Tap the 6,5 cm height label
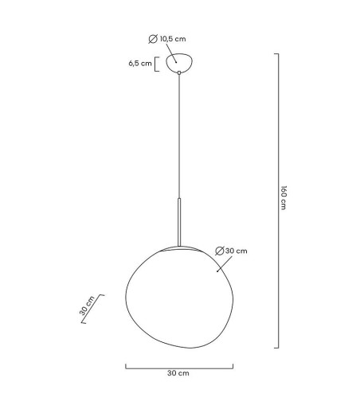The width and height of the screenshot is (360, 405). coord(139,64)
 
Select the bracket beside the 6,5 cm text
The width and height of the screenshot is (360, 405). coord(157,64)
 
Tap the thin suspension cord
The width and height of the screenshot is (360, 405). coord(180,135)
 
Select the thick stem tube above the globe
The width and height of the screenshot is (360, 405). coord(180,223)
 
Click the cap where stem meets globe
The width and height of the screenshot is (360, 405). coord(180,247)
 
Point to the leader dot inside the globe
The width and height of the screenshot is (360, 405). coord(218,271)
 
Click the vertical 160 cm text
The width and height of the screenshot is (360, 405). coord(283,199)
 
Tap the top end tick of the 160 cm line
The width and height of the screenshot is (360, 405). coord(276,54)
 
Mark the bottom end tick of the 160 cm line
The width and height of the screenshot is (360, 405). coord(276,348)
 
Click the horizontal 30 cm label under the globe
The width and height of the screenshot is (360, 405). coord(178,372)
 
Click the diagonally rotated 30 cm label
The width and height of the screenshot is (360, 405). coord(87,306)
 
